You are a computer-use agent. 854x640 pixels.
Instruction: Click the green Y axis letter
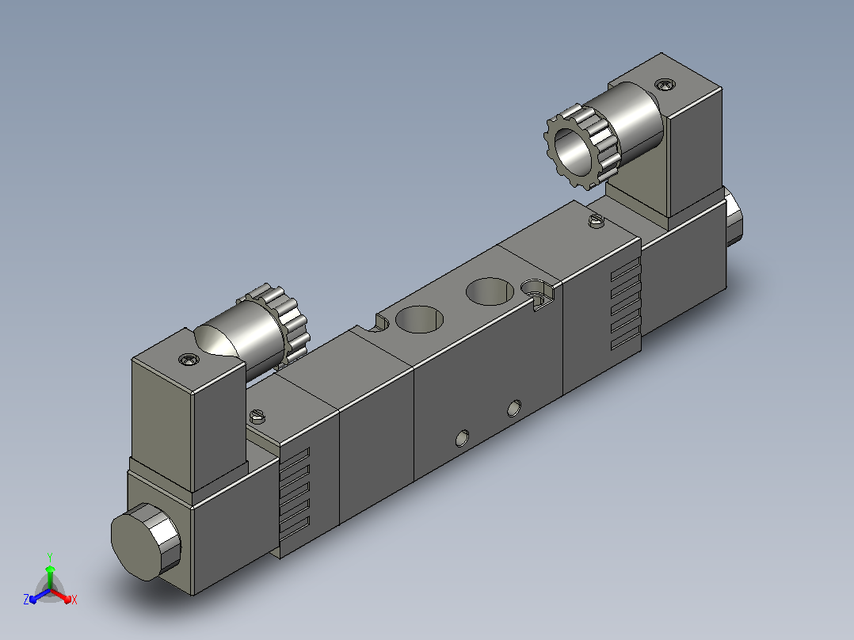[x=50, y=557]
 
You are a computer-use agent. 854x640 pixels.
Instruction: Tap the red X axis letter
[x=74, y=600]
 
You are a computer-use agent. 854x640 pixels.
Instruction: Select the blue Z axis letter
[x=26, y=600]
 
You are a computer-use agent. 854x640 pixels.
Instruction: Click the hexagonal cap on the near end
[x=146, y=541]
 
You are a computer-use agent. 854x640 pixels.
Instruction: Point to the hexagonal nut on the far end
[x=734, y=217]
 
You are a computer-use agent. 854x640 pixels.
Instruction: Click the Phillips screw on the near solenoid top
[x=189, y=359]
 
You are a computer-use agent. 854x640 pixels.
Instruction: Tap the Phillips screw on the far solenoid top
[x=665, y=85]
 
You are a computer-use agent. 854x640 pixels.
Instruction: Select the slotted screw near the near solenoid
[x=257, y=417]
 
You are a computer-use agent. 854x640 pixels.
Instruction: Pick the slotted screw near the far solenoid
[x=597, y=221]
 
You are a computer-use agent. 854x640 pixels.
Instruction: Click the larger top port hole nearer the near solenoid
[x=419, y=319]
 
